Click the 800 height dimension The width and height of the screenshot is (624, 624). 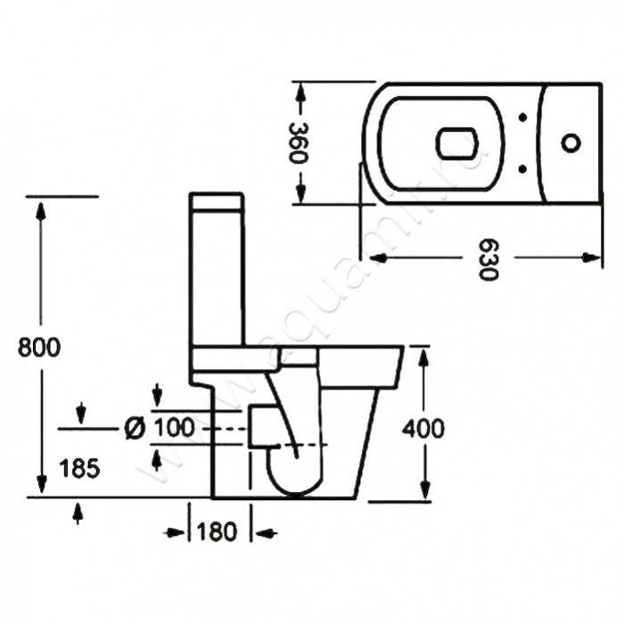[39, 347]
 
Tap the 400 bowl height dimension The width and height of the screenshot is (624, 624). [423, 429]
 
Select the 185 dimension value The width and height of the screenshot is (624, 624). [80, 466]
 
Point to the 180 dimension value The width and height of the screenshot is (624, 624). [218, 533]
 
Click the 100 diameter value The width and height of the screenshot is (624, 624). [174, 428]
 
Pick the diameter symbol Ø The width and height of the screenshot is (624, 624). [135, 428]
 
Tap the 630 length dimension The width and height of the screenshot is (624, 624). [485, 259]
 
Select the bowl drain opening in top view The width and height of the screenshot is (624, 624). [456, 142]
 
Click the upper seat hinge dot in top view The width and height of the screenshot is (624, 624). [521, 117]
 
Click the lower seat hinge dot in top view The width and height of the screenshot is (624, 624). [521, 166]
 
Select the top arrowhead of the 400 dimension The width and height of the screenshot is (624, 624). [423, 356]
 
